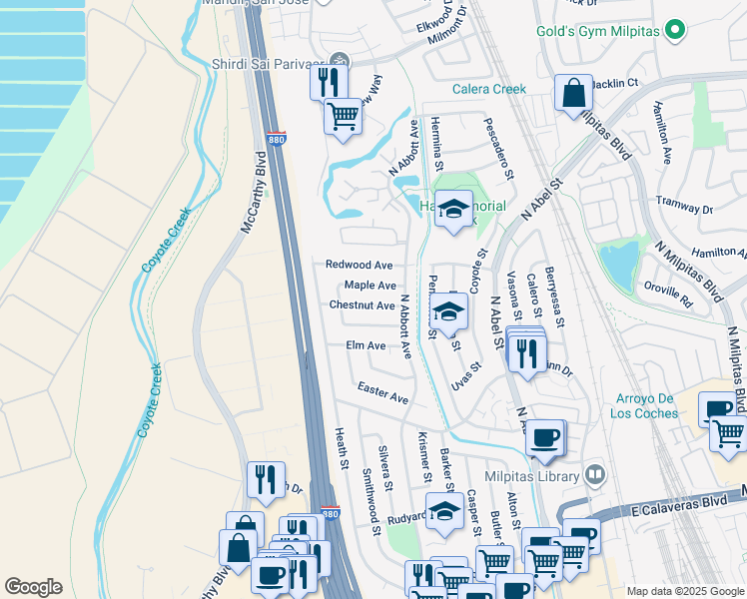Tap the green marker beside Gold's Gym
click(x=677, y=30)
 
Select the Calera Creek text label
click(x=488, y=89)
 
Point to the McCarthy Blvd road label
click(x=253, y=193)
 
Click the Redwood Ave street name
click(x=359, y=265)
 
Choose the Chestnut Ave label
click(x=362, y=304)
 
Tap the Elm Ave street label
click(x=366, y=345)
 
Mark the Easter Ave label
click(x=383, y=392)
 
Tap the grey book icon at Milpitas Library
click(x=596, y=473)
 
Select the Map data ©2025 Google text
click(x=685, y=591)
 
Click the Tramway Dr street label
click(x=684, y=205)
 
